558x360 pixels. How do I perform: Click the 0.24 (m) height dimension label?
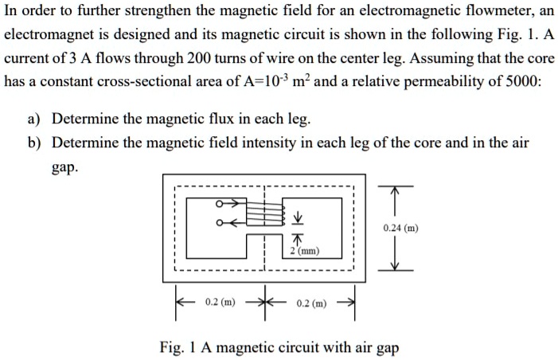398,228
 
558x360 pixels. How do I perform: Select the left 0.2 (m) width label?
219,303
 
